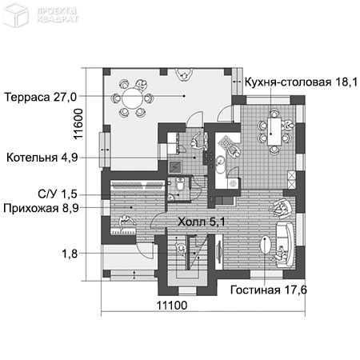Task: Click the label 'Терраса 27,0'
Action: click(x=41, y=97)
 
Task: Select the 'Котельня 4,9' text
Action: click(x=41, y=158)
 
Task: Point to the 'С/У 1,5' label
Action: click(x=58, y=193)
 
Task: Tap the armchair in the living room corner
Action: click(x=282, y=209)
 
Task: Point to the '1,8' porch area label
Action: click(x=70, y=254)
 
